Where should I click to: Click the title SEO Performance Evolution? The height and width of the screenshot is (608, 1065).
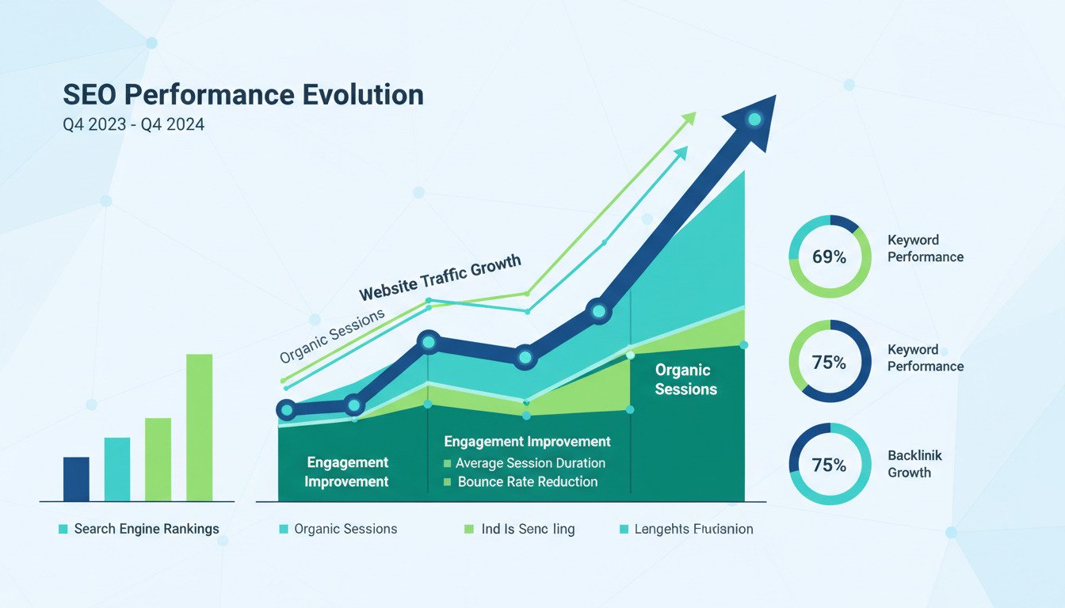coord(242,95)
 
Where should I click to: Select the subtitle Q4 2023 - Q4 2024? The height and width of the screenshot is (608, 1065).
coord(133,124)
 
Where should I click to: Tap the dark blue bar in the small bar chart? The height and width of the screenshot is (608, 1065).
coord(76,479)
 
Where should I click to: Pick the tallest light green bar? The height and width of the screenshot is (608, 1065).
coord(199,427)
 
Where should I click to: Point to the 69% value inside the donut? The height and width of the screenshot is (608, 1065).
coord(830,257)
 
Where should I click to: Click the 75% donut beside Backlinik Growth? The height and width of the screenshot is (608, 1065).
coord(830,465)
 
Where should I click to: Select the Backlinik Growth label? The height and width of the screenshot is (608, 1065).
coord(914,465)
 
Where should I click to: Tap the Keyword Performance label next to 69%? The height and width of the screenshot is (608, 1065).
coord(925,249)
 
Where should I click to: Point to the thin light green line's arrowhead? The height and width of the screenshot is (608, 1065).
coord(689,118)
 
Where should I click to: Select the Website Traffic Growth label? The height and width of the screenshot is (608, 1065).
coord(441,277)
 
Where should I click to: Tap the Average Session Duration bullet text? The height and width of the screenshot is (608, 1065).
coord(530,463)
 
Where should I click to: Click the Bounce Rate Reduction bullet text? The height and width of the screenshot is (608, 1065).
coord(527,481)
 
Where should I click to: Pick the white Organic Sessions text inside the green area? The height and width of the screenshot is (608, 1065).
coord(685,380)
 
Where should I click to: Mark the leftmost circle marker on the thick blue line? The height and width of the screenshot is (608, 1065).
coord(287,410)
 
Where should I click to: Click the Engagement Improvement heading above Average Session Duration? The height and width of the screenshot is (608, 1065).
coord(527,442)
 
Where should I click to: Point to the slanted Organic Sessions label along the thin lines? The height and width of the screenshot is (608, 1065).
coord(332,336)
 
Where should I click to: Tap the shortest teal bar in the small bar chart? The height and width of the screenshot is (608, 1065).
coord(117,469)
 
